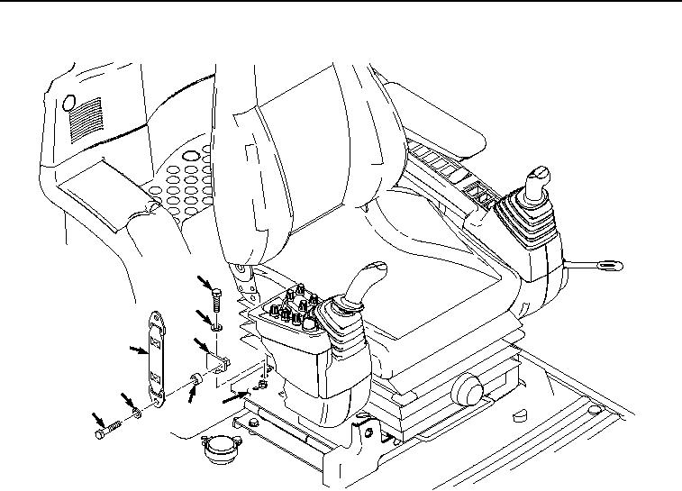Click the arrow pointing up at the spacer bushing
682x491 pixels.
(190, 396)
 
